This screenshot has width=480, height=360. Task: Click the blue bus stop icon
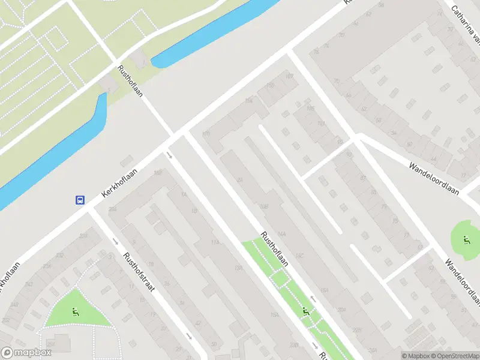coord(80,200)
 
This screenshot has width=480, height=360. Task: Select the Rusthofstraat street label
coord(139,272)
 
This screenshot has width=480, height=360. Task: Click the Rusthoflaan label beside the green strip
coord(274,250)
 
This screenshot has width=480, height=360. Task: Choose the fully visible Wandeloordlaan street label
coord(434,179)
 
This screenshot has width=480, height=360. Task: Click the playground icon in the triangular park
coord(75,311)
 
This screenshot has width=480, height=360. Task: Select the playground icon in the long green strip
coord(307,311)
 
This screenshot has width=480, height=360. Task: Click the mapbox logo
coord(26,353)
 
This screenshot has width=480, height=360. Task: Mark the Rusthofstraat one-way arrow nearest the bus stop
coord(115,241)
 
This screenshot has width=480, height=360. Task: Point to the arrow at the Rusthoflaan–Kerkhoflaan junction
coord(170,156)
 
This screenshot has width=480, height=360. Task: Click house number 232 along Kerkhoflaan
coord(60,256)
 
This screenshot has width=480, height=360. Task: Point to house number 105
coord(310,109)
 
